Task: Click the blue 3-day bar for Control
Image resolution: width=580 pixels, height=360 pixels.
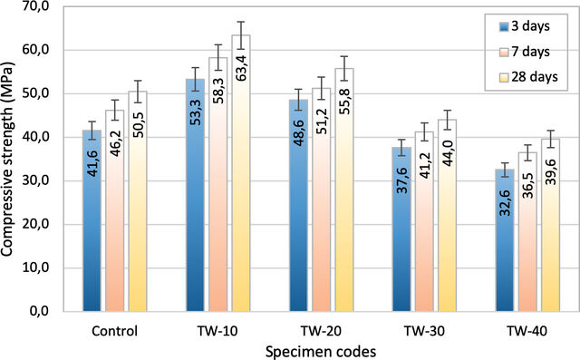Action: pos(92,220)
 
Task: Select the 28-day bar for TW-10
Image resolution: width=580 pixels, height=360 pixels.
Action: pos(241,173)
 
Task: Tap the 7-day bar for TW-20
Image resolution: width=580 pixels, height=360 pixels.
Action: pos(321,199)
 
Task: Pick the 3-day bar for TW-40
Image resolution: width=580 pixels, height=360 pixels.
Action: pos(505,240)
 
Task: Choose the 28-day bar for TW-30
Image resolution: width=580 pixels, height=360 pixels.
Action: pos(447,215)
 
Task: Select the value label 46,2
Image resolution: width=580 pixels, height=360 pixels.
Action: pos(115,142)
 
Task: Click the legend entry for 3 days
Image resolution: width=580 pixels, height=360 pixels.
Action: pos(525,26)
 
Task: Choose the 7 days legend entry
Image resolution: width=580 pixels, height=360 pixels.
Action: pos(525,52)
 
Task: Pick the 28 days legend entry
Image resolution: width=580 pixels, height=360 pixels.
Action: pos(528,77)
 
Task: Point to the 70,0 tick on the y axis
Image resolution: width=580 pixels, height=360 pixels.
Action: pos(35,7)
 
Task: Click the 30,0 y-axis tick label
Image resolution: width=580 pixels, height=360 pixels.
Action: pos(35,181)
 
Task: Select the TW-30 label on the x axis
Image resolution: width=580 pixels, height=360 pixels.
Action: pos(424,331)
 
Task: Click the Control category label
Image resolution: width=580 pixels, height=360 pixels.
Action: pos(115,331)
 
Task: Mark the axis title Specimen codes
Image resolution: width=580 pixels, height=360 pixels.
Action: pos(321,352)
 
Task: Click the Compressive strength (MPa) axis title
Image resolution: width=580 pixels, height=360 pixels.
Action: pos(6,159)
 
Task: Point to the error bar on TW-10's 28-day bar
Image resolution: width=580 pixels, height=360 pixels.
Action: pos(241,35)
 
